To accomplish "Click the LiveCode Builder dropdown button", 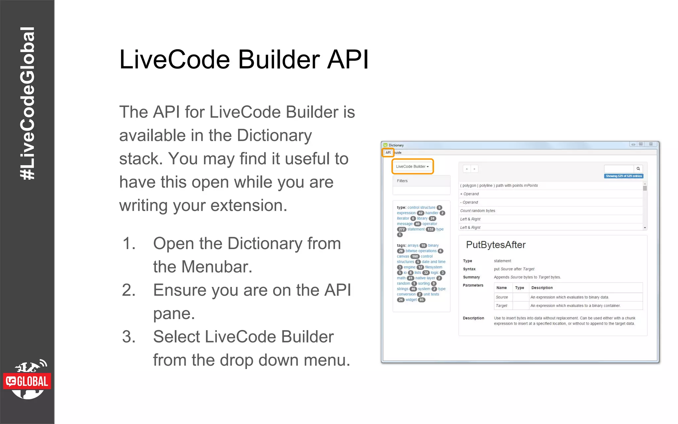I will click(412, 167).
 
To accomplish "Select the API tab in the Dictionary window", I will click(388, 153).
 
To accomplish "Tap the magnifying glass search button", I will click(638, 169).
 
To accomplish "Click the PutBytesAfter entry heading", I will click(496, 245).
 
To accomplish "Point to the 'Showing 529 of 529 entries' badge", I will click(624, 176).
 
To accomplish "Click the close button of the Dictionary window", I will click(651, 144).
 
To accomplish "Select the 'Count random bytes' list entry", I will click(477, 211).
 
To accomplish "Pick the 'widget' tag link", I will click(411, 300).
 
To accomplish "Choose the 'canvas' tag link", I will click(403, 256).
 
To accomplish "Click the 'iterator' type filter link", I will click(403, 219).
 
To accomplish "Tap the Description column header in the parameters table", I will click(542, 288).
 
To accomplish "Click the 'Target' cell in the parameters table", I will click(502, 306).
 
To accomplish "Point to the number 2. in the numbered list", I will click(129, 291).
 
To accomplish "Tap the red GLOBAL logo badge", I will click(27, 381).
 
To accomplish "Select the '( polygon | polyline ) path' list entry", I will click(499, 185).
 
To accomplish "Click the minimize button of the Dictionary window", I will click(633, 144).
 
